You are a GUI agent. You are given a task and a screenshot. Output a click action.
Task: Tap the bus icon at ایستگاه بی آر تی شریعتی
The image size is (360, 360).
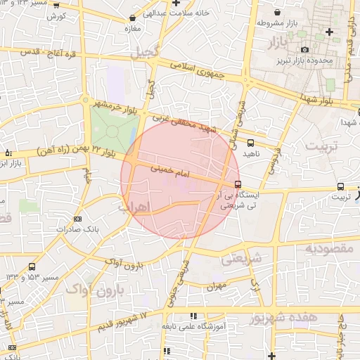pos(238,185)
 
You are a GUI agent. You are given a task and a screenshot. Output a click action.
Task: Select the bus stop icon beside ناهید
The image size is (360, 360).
pos(251,143)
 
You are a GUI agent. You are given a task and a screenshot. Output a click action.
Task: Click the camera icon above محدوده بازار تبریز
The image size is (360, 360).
pos(304,49)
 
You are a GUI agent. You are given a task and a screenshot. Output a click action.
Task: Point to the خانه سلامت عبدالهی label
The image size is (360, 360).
pos(169,12)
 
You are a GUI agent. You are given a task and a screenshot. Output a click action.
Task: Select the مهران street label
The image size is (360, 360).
pos(214,287)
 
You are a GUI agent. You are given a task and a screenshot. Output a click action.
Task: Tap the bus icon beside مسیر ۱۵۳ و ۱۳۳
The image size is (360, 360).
pos(32,266)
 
